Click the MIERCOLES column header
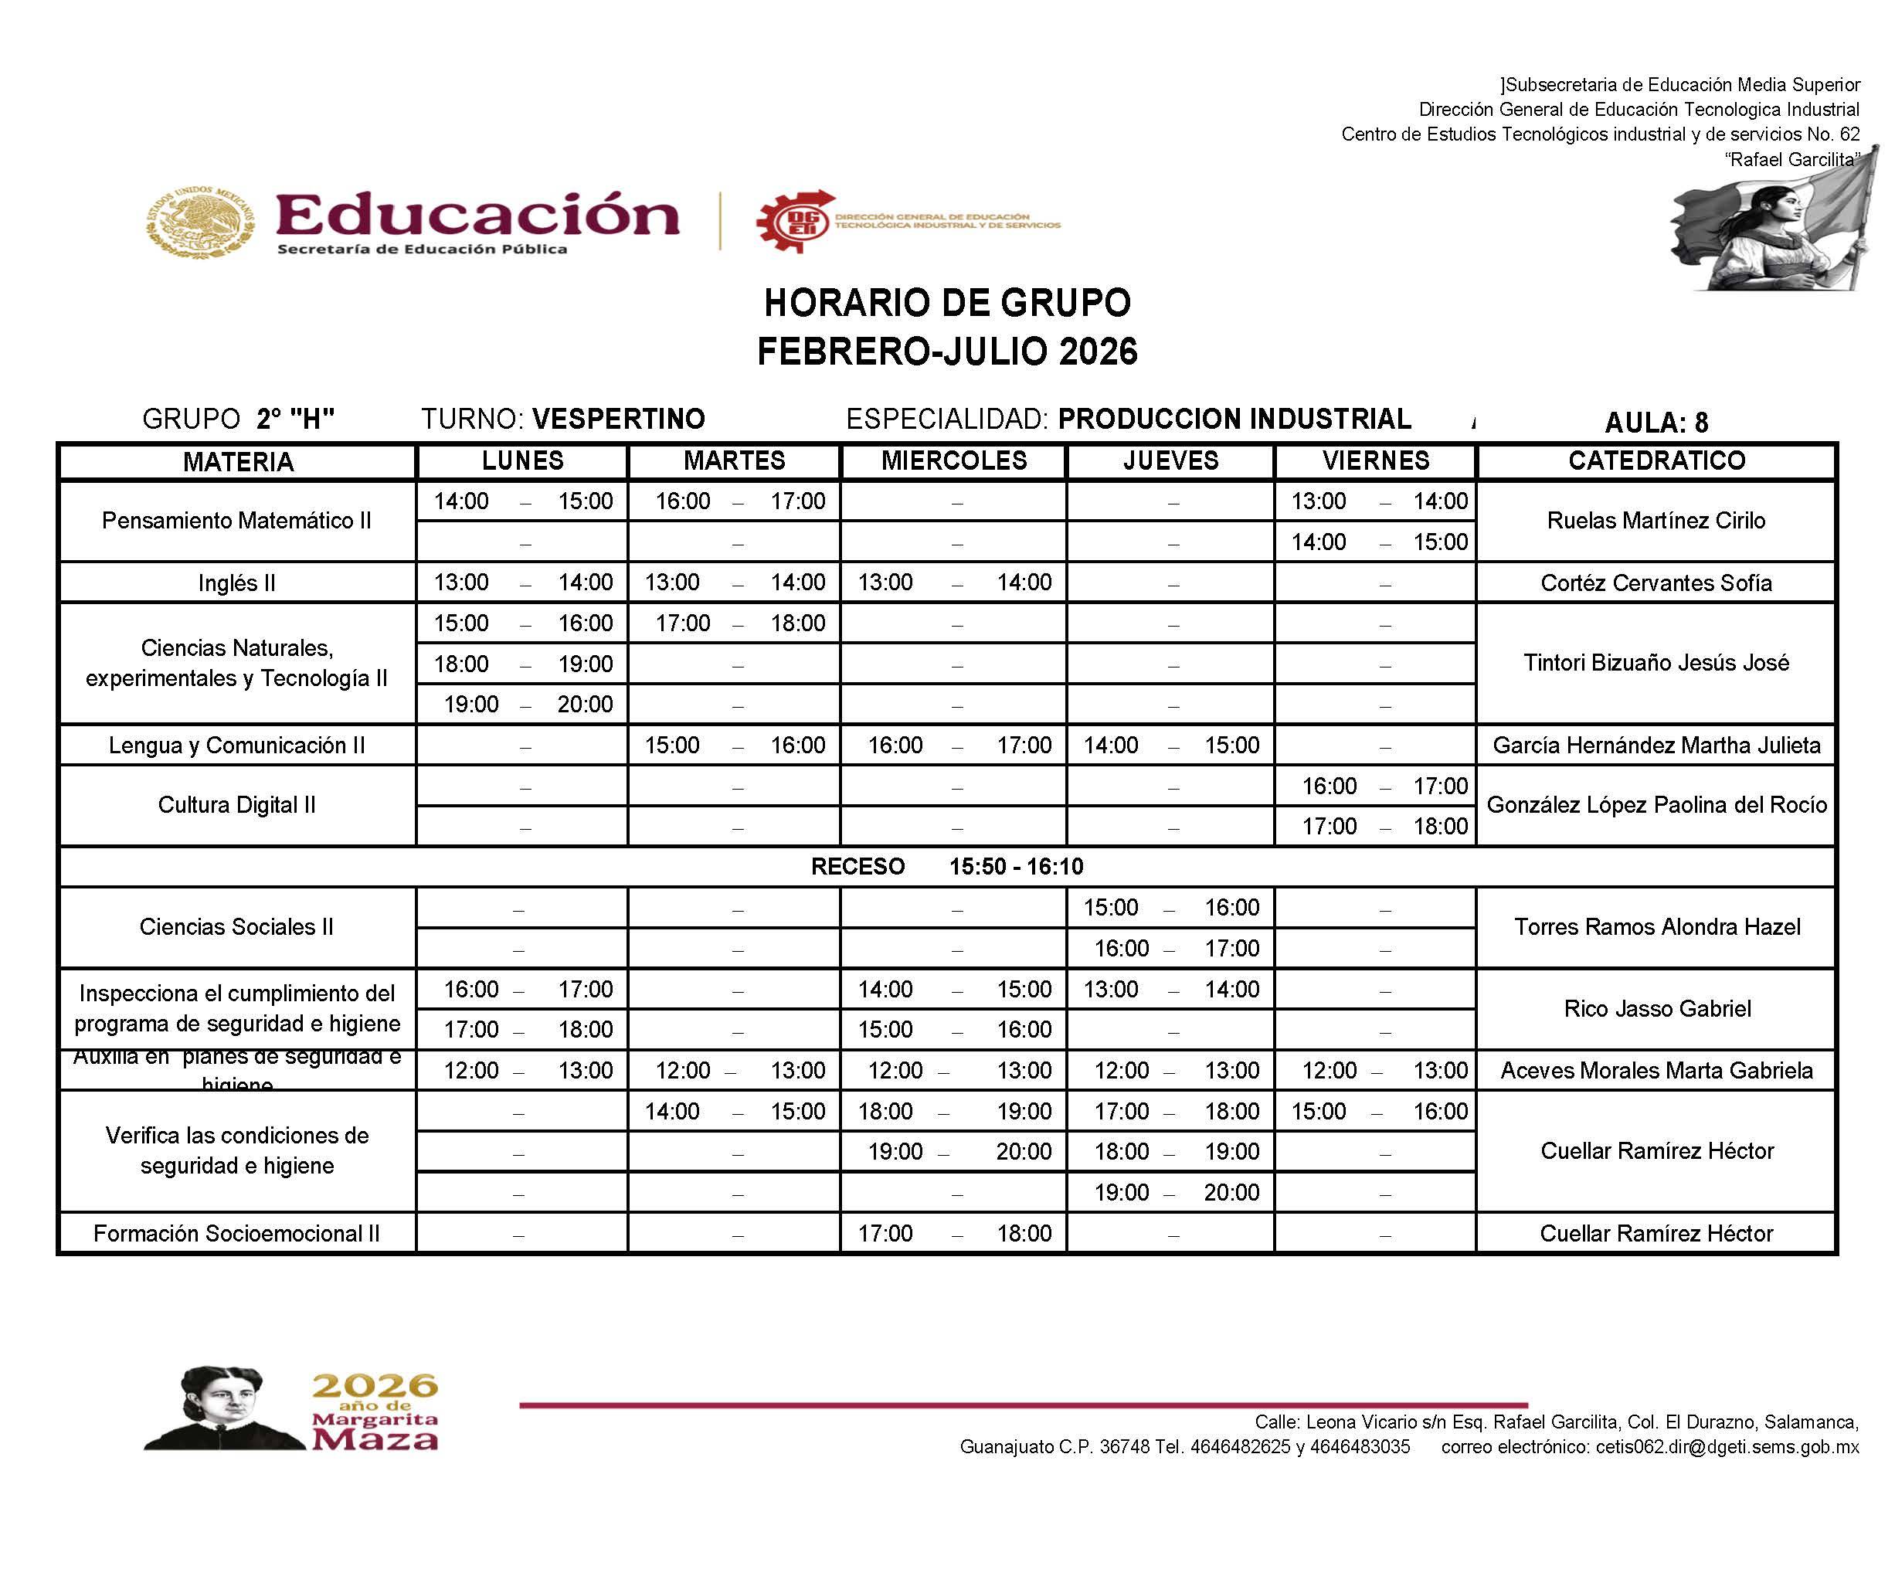[954, 461]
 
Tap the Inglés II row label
[236, 583]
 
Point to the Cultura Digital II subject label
[236, 805]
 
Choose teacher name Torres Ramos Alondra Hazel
[1657, 927]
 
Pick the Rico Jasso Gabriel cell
[1657, 1008]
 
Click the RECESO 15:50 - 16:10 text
[946, 866]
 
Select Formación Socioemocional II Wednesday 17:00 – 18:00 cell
[954, 1233]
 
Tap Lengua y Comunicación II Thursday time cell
[1170, 746]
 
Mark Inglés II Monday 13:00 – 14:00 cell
[522, 583]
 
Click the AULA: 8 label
[1656, 423]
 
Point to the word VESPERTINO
[618, 419]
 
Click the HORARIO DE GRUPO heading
[946, 304]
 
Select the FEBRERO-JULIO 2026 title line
[946, 351]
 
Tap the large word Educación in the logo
[477, 215]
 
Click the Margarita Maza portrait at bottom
[221, 1410]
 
